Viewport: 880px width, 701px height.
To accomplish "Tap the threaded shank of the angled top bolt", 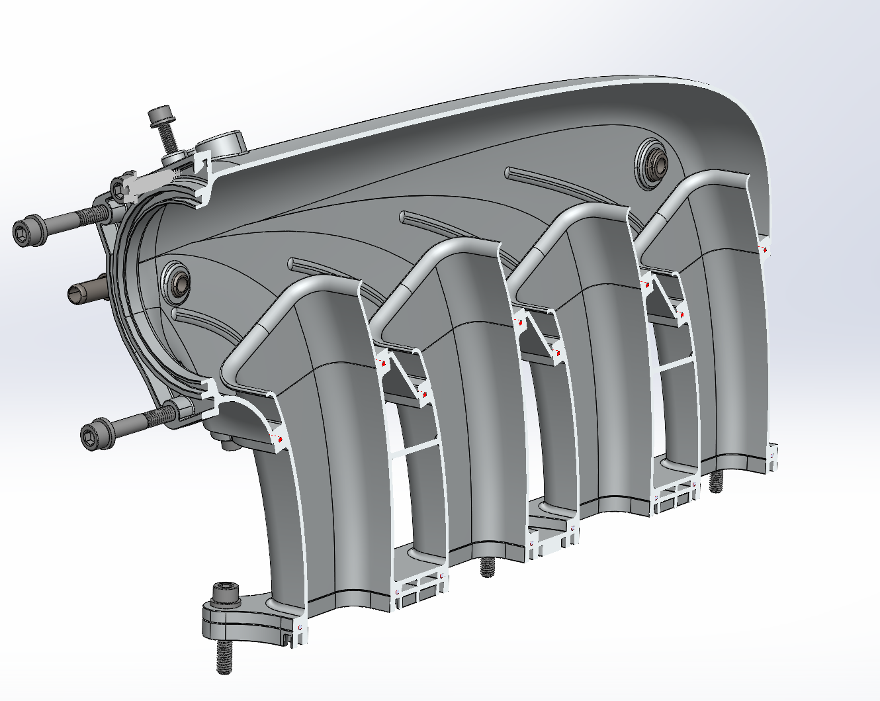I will [x=167, y=140].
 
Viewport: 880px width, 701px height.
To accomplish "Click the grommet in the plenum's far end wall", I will [x=651, y=164].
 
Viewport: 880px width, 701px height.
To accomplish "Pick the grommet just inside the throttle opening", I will [x=177, y=280].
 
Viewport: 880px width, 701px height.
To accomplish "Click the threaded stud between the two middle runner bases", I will [x=488, y=567].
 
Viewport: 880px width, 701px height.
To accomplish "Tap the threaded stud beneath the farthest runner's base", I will [x=716, y=482].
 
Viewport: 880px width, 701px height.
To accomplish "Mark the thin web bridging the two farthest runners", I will [x=674, y=363].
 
